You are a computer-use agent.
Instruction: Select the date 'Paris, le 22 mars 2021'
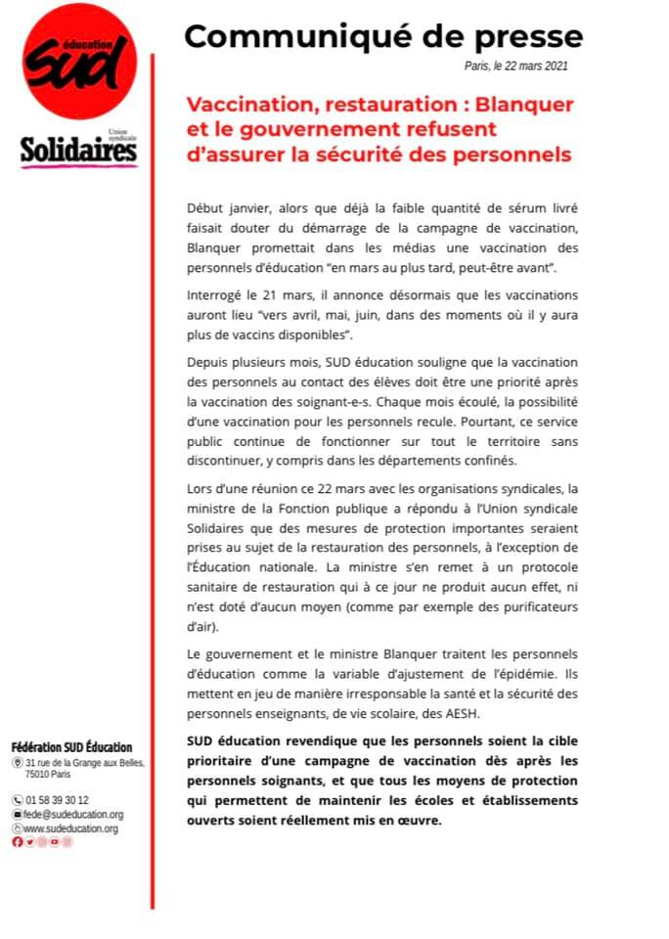pyautogui.click(x=515, y=66)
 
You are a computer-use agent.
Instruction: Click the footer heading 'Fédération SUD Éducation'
pyautogui.click(x=70, y=747)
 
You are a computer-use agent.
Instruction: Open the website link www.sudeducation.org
pyautogui.click(x=70, y=828)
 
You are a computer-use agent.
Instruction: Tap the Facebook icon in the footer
pyautogui.click(x=17, y=842)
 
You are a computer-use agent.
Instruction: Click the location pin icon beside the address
pyautogui.click(x=17, y=763)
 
